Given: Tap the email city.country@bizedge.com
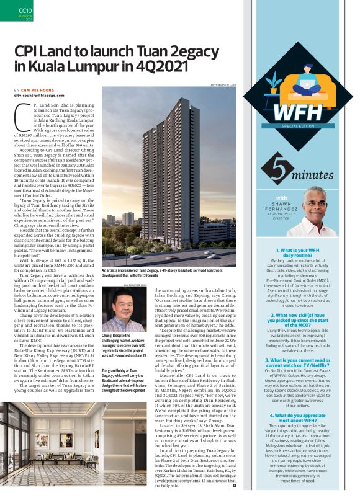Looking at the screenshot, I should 43,96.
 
